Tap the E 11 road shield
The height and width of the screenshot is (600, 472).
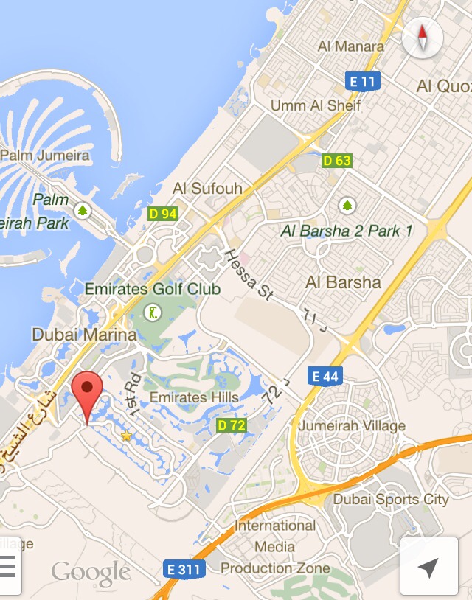(x=362, y=81)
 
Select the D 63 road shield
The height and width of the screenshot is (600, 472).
(x=337, y=160)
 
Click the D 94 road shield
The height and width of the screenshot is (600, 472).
(x=162, y=214)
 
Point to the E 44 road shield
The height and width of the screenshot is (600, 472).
(x=324, y=377)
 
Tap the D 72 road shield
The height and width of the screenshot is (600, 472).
(x=232, y=425)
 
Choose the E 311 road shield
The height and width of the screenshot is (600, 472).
(x=184, y=568)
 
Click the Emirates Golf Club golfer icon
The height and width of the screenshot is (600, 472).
(x=153, y=312)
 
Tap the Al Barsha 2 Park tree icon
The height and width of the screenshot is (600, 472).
(x=347, y=204)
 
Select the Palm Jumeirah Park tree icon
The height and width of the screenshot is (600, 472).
(x=83, y=212)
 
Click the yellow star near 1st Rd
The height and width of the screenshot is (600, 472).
(x=126, y=436)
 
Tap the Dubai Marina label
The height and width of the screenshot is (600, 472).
(x=84, y=335)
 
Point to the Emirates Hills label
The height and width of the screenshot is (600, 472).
(x=194, y=397)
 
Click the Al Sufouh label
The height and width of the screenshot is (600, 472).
(x=207, y=189)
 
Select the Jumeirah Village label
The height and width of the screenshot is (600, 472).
(x=352, y=426)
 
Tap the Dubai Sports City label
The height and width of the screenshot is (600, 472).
(x=391, y=499)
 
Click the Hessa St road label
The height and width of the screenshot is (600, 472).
(x=247, y=274)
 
